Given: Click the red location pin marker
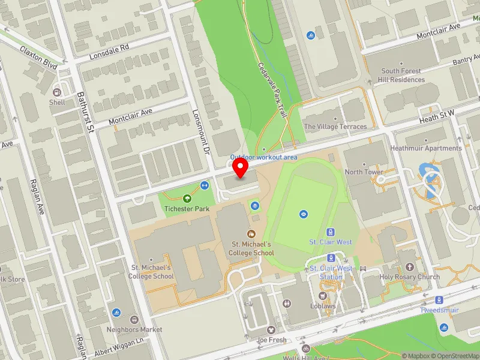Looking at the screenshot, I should pos(241,168).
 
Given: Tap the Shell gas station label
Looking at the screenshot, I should pos(57,102).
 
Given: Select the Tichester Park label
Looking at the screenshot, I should pos(187,209).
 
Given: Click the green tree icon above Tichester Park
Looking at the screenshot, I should pos(187,198).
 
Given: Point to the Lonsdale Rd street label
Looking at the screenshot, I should pos(109,52).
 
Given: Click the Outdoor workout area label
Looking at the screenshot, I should pos(264,157).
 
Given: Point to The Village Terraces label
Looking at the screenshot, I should pos(335,127).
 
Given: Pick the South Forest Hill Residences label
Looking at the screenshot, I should pos(402,75).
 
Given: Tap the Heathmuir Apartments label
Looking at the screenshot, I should pos(426,148).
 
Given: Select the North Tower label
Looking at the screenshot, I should pos(364,172).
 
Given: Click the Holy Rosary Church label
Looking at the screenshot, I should pos(409,277).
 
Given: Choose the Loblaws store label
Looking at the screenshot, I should pos(323,305).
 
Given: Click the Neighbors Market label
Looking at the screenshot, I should pos(134,329).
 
